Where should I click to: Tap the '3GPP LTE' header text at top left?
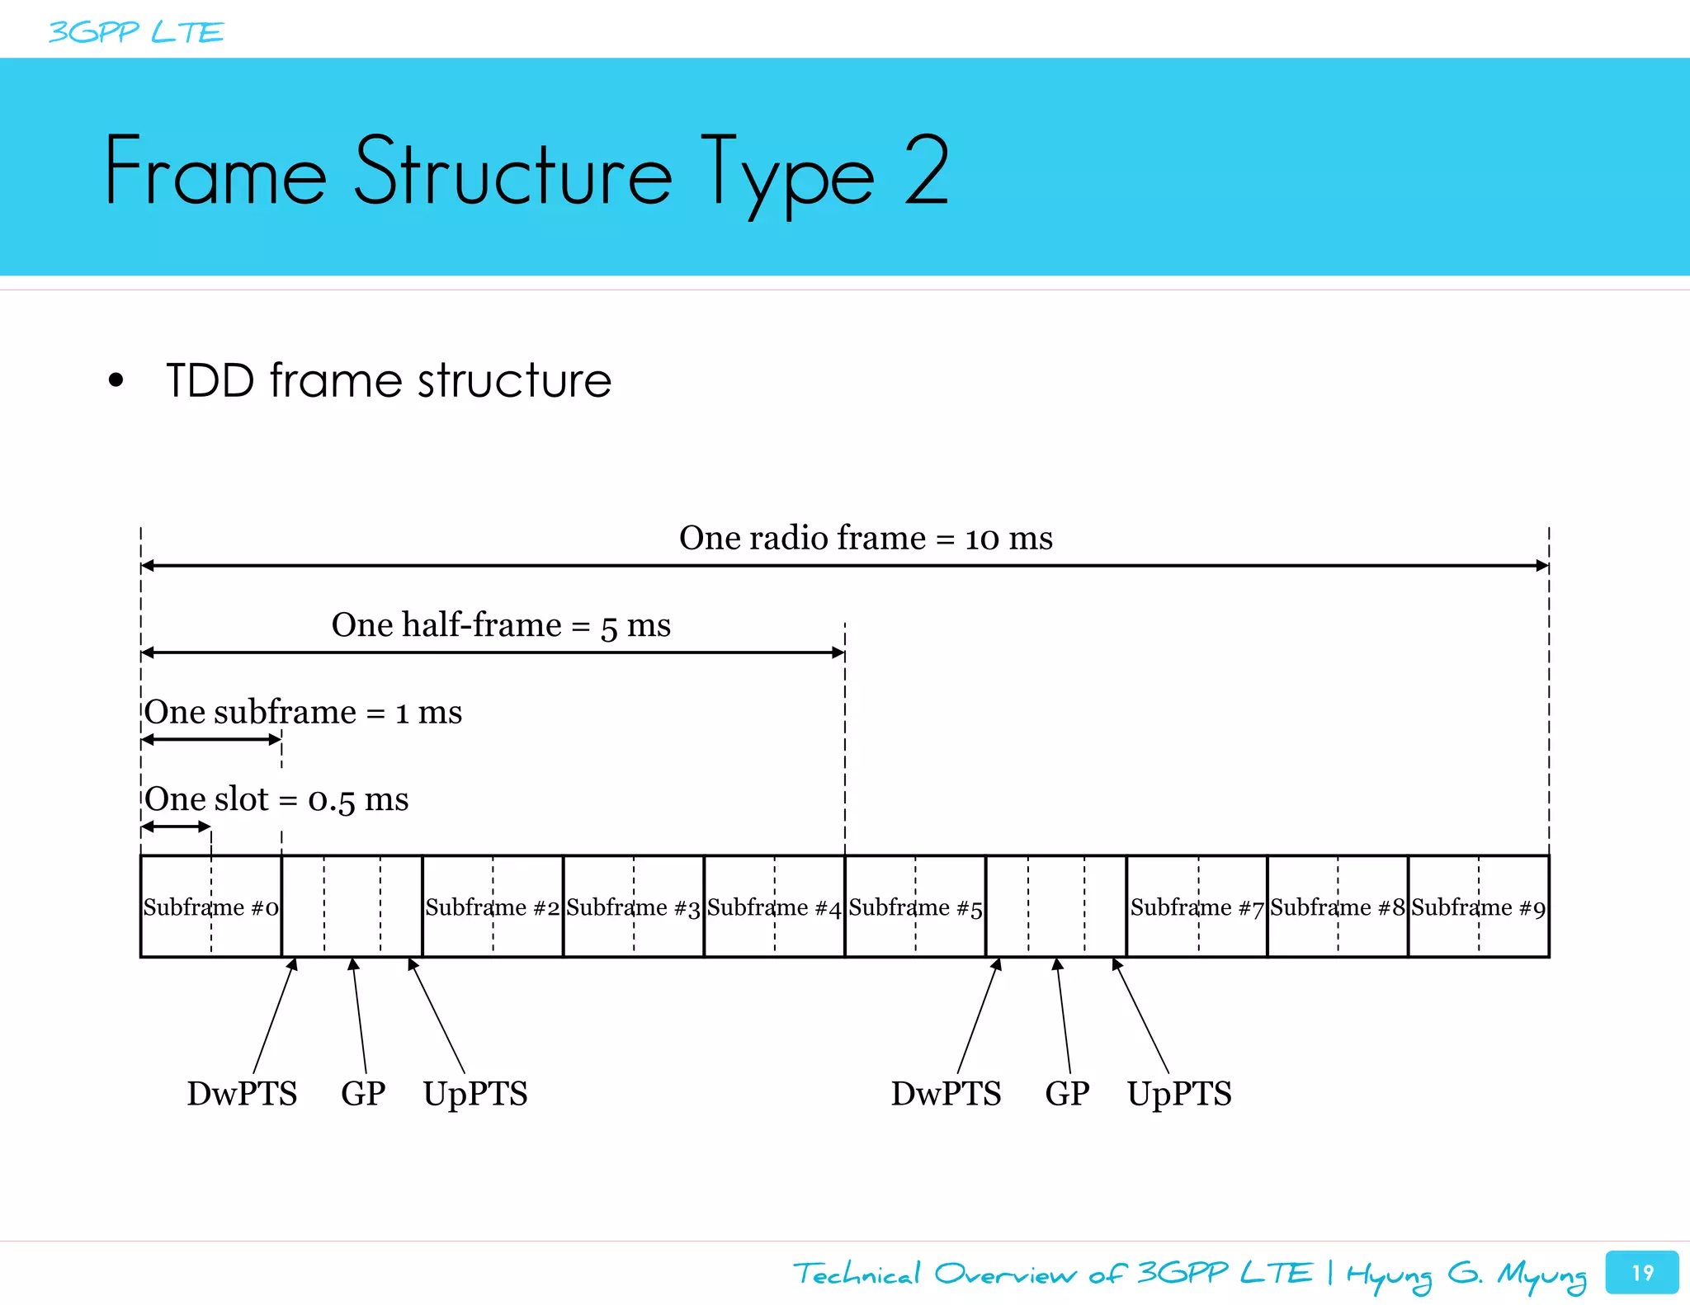click(x=136, y=32)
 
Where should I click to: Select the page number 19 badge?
click(x=1641, y=1272)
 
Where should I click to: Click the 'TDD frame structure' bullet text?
click(x=388, y=380)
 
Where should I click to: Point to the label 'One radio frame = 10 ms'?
click(x=866, y=538)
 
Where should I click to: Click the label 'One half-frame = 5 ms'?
click(x=501, y=624)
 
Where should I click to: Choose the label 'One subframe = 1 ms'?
click(x=303, y=712)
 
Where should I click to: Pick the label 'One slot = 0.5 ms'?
click(x=276, y=799)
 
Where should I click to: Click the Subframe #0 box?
click(x=211, y=907)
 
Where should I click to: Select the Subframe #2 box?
click(x=493, y=907)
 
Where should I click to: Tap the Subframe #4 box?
click(x=774, y=907)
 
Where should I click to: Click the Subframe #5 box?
click(x=915, y=907)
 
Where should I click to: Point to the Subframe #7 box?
click(x=1197, y=907)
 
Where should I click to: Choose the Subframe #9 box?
click(x=1478, y=907)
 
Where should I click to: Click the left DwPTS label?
click(x=242, y=1094)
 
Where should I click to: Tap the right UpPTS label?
click(x=1179, y=1094)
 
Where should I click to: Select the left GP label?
click(x=363, y=1094)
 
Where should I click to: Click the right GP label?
click(x=1067, y=1094)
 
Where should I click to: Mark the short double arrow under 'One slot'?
click(x=176, y=827)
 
